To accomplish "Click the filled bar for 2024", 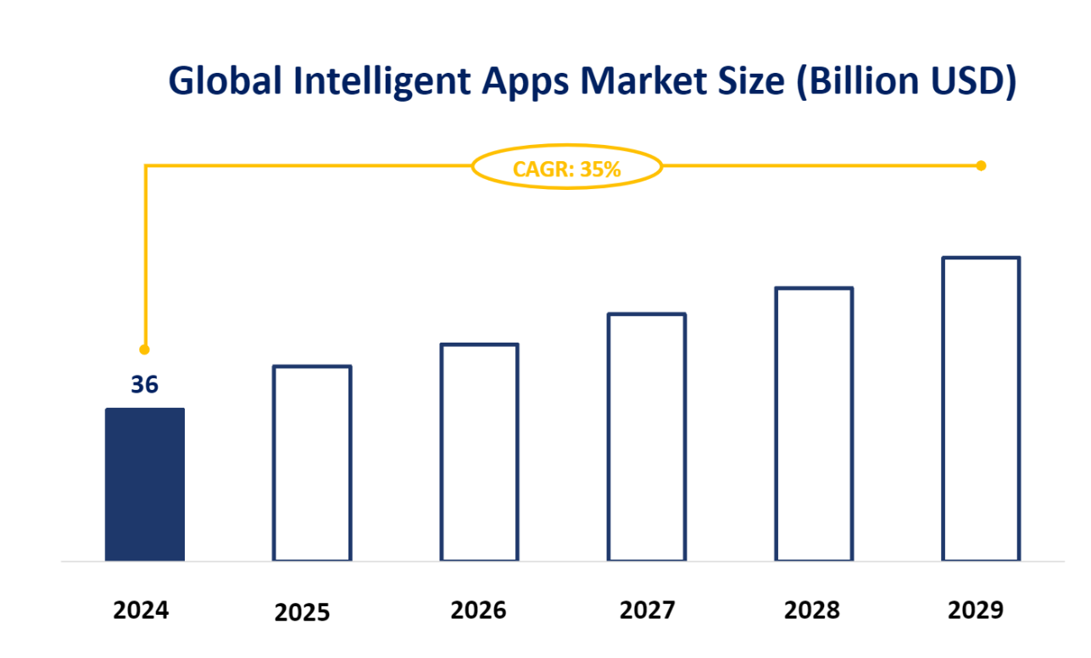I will pos(145,484).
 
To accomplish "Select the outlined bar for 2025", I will pos(312,463).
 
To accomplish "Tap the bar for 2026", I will pos(479,452).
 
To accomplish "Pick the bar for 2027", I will pos(646,437).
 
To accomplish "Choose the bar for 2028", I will pos(814,424).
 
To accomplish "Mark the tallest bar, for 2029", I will pos(981,409).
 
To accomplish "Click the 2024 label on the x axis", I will pos(142,610).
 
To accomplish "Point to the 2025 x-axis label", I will pos(302,612).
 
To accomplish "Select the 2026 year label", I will pos(478,610).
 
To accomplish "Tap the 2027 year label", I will pos(648,610).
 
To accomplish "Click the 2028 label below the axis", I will pos(812,610).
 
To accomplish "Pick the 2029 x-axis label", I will pos(976,610).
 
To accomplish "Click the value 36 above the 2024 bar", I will pos(144,385).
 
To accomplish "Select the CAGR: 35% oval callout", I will pos(566,169).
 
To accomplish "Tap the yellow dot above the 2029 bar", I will pos(981,165).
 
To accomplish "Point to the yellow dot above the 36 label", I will pos(144,349).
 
